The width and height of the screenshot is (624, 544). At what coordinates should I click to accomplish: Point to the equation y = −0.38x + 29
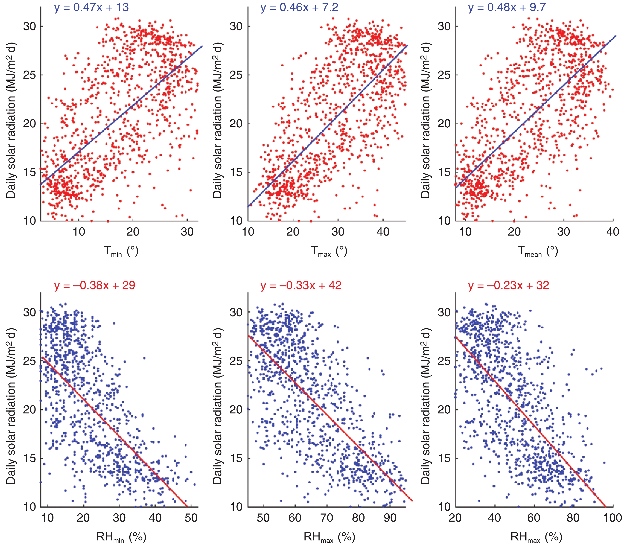[x=95, y=285]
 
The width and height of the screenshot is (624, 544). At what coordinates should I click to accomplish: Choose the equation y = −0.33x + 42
[x=301, y=285]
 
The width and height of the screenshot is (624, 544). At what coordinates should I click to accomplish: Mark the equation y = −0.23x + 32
[x=509, y=285]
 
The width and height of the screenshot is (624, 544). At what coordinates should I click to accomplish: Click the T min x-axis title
[x=121, y=251]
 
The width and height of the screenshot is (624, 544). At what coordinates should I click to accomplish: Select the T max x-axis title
[x=329, y=251]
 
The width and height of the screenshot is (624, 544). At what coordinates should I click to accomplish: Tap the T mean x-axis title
[x=537, y=251]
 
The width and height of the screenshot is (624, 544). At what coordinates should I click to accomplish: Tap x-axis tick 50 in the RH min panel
[x=191, y=518]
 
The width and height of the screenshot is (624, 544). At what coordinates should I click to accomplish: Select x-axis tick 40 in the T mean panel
[x=612, y=232]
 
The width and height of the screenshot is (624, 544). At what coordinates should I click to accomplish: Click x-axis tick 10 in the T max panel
[x=248, y=232]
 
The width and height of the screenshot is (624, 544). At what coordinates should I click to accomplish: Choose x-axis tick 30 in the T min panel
[x=187, y=232]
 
